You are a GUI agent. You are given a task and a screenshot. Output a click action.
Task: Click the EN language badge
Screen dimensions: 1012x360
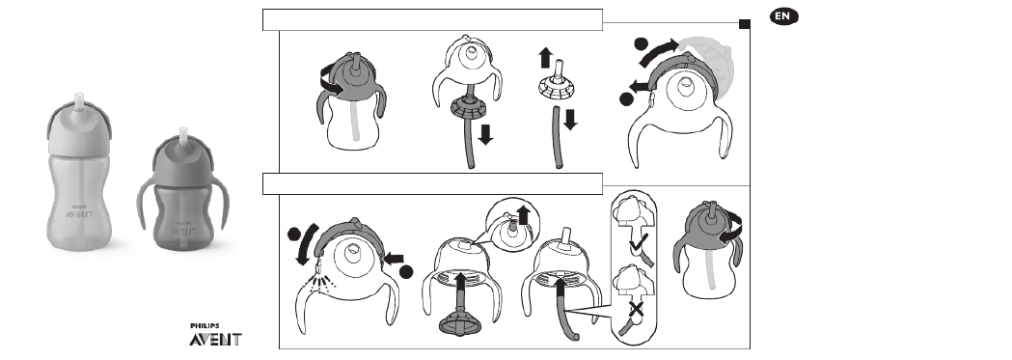783,16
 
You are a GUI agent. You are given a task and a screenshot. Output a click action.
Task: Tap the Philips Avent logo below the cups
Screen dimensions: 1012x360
215,336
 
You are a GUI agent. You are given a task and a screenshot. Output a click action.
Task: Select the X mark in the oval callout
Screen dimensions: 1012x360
636,312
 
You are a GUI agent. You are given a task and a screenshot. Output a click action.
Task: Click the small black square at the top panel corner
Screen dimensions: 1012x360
744,24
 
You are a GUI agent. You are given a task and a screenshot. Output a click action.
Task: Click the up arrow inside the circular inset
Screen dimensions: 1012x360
524,215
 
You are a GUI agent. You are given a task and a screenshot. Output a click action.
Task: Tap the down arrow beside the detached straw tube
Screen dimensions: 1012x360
570,120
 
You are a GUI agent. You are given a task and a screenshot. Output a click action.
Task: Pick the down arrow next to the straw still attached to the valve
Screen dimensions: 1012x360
485,134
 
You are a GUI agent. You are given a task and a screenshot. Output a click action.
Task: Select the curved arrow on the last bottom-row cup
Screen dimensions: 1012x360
730,230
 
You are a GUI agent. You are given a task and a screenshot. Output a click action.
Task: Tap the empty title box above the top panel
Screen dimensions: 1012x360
432,20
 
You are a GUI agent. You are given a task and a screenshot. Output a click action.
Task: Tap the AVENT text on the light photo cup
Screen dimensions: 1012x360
81,213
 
